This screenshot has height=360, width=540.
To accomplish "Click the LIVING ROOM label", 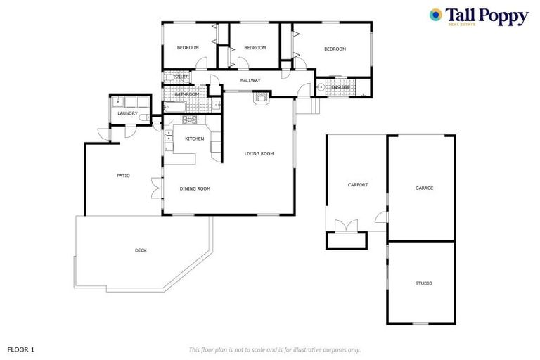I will [259, 153].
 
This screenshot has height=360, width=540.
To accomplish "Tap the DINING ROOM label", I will [195, 188].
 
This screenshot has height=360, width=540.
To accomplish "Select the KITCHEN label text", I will [195, 139].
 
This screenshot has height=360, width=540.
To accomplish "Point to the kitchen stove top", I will [189, 120].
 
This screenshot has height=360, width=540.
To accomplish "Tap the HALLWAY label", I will [250, 81].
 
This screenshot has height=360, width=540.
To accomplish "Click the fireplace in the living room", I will [262, 98].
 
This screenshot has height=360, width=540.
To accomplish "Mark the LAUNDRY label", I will [127, 113].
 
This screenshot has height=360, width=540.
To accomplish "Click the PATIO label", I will [123, 176].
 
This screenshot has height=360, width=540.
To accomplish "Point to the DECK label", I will [141, 250].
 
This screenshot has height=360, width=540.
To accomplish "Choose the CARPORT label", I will [358, 185].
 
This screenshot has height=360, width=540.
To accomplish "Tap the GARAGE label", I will [424, 188].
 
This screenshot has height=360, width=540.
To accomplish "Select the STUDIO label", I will [423, 283].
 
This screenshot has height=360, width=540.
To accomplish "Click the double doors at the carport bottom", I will [346, 226].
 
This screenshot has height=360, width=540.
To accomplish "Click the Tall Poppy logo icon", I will [436, 15].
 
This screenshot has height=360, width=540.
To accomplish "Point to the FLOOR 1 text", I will [20, 349].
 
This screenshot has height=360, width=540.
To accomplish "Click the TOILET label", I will [181, 76].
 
